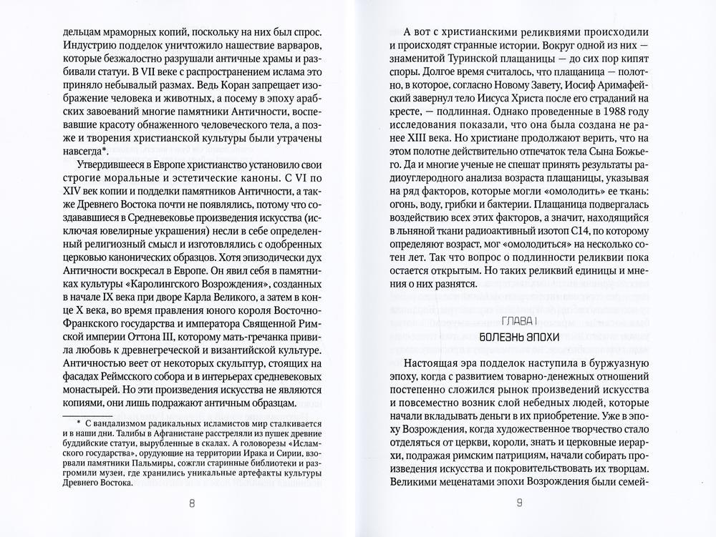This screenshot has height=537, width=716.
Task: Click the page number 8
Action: click(191, 503)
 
